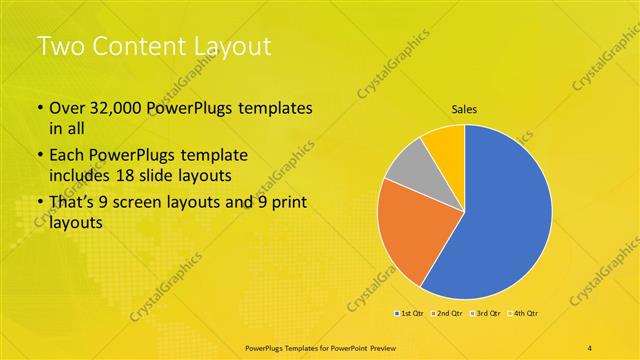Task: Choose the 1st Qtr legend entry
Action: (409, 314)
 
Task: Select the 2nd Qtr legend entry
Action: (446, 314)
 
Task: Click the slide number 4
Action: (590, 347)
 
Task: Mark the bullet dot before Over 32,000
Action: (39, 108)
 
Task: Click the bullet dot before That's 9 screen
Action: (39, 204)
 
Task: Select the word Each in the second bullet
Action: (67, 156)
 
